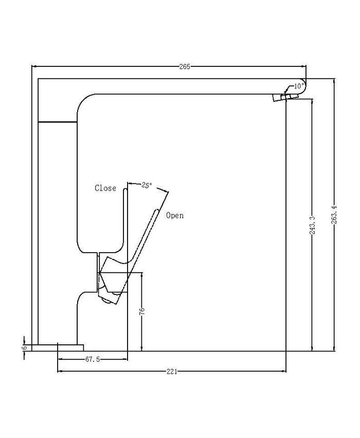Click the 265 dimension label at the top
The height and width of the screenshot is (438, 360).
coord(185,66)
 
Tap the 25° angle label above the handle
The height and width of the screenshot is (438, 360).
coord(147,185)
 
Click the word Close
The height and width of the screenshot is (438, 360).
coord(105,188)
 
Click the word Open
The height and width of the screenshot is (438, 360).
coord(175,216)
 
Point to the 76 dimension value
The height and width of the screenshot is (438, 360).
coord(142,311)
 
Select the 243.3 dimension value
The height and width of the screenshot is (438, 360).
coord(313,225)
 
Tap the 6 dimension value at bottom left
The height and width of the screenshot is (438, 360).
coord(24,347)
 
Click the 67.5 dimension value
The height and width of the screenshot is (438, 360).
coord(93,359)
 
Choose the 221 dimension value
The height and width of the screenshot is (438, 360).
coord(172,371)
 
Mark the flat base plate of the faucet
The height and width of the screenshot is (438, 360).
coord(58,347)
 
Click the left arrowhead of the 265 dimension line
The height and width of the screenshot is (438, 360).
coord(34,66)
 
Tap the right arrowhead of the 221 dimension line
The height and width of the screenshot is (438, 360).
coord(283,371)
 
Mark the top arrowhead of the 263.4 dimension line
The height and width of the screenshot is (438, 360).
coord(335,81)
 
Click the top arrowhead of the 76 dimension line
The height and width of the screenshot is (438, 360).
coord(142,275)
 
